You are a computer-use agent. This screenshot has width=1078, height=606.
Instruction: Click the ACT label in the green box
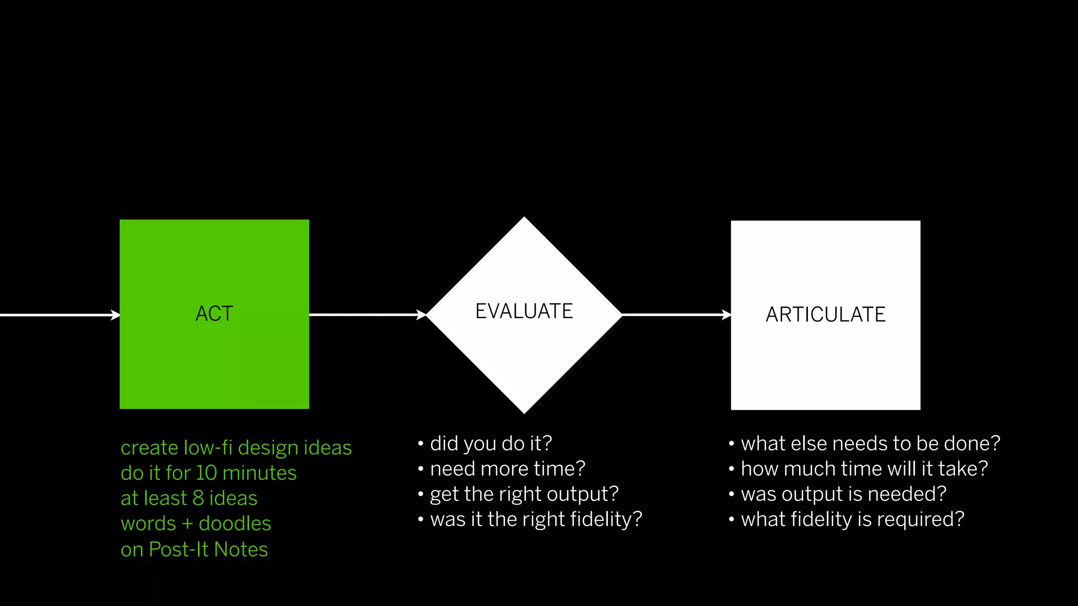pos(214,314)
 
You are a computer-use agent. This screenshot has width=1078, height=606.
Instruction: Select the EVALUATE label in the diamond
pos(524,311)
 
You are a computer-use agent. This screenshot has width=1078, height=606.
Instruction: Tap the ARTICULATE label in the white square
pos(825,315)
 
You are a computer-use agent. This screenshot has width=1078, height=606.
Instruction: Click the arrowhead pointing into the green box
pos(116,315)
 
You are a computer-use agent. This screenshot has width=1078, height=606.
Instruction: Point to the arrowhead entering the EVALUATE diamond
pos(422,315)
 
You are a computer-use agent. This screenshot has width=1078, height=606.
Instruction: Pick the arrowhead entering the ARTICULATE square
pos(726,315)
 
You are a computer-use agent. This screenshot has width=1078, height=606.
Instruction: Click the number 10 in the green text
pos(206,473)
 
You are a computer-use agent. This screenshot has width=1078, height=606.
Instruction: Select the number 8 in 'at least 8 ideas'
pos(198,498)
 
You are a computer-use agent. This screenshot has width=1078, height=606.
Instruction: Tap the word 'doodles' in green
pos(235,523)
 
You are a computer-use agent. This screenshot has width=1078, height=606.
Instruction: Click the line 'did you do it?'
pos(491,443)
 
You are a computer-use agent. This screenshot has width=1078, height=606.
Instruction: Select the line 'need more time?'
pos(507,469)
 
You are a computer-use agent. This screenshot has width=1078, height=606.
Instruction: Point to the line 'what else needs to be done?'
pos(870,443)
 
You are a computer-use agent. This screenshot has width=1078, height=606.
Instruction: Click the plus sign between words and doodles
pos(187,524)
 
